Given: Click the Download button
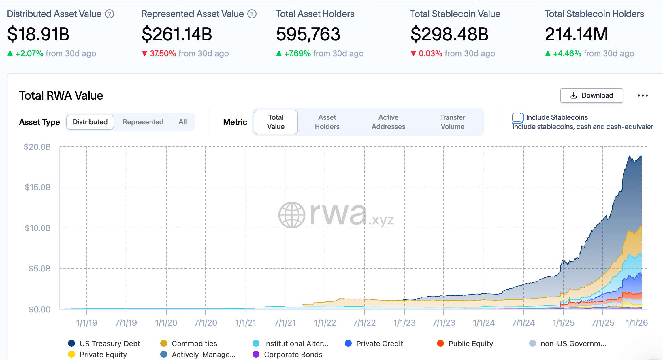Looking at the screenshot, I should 592,95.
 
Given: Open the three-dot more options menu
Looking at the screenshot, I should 643,95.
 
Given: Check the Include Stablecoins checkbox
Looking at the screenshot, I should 517,117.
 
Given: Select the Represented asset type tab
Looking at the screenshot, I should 143,122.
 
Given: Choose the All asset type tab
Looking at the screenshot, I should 182,122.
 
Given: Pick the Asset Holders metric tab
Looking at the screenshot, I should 327,122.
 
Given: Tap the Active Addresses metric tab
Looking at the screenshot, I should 388,122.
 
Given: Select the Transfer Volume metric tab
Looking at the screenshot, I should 452,122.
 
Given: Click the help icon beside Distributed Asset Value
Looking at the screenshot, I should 110,14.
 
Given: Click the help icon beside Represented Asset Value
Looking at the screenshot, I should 252,14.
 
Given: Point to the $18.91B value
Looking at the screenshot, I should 38,34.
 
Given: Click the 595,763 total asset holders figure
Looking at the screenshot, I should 308,34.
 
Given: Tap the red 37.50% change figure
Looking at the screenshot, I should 163,54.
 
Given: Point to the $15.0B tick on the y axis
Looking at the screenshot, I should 38,187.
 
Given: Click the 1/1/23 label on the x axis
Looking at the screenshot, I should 404,323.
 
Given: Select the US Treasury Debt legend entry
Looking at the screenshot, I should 110,344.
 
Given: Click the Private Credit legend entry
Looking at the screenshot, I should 379,344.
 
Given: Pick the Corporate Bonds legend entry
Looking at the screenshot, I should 293,355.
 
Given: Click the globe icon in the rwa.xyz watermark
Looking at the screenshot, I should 292,215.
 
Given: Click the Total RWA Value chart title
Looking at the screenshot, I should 61,95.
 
